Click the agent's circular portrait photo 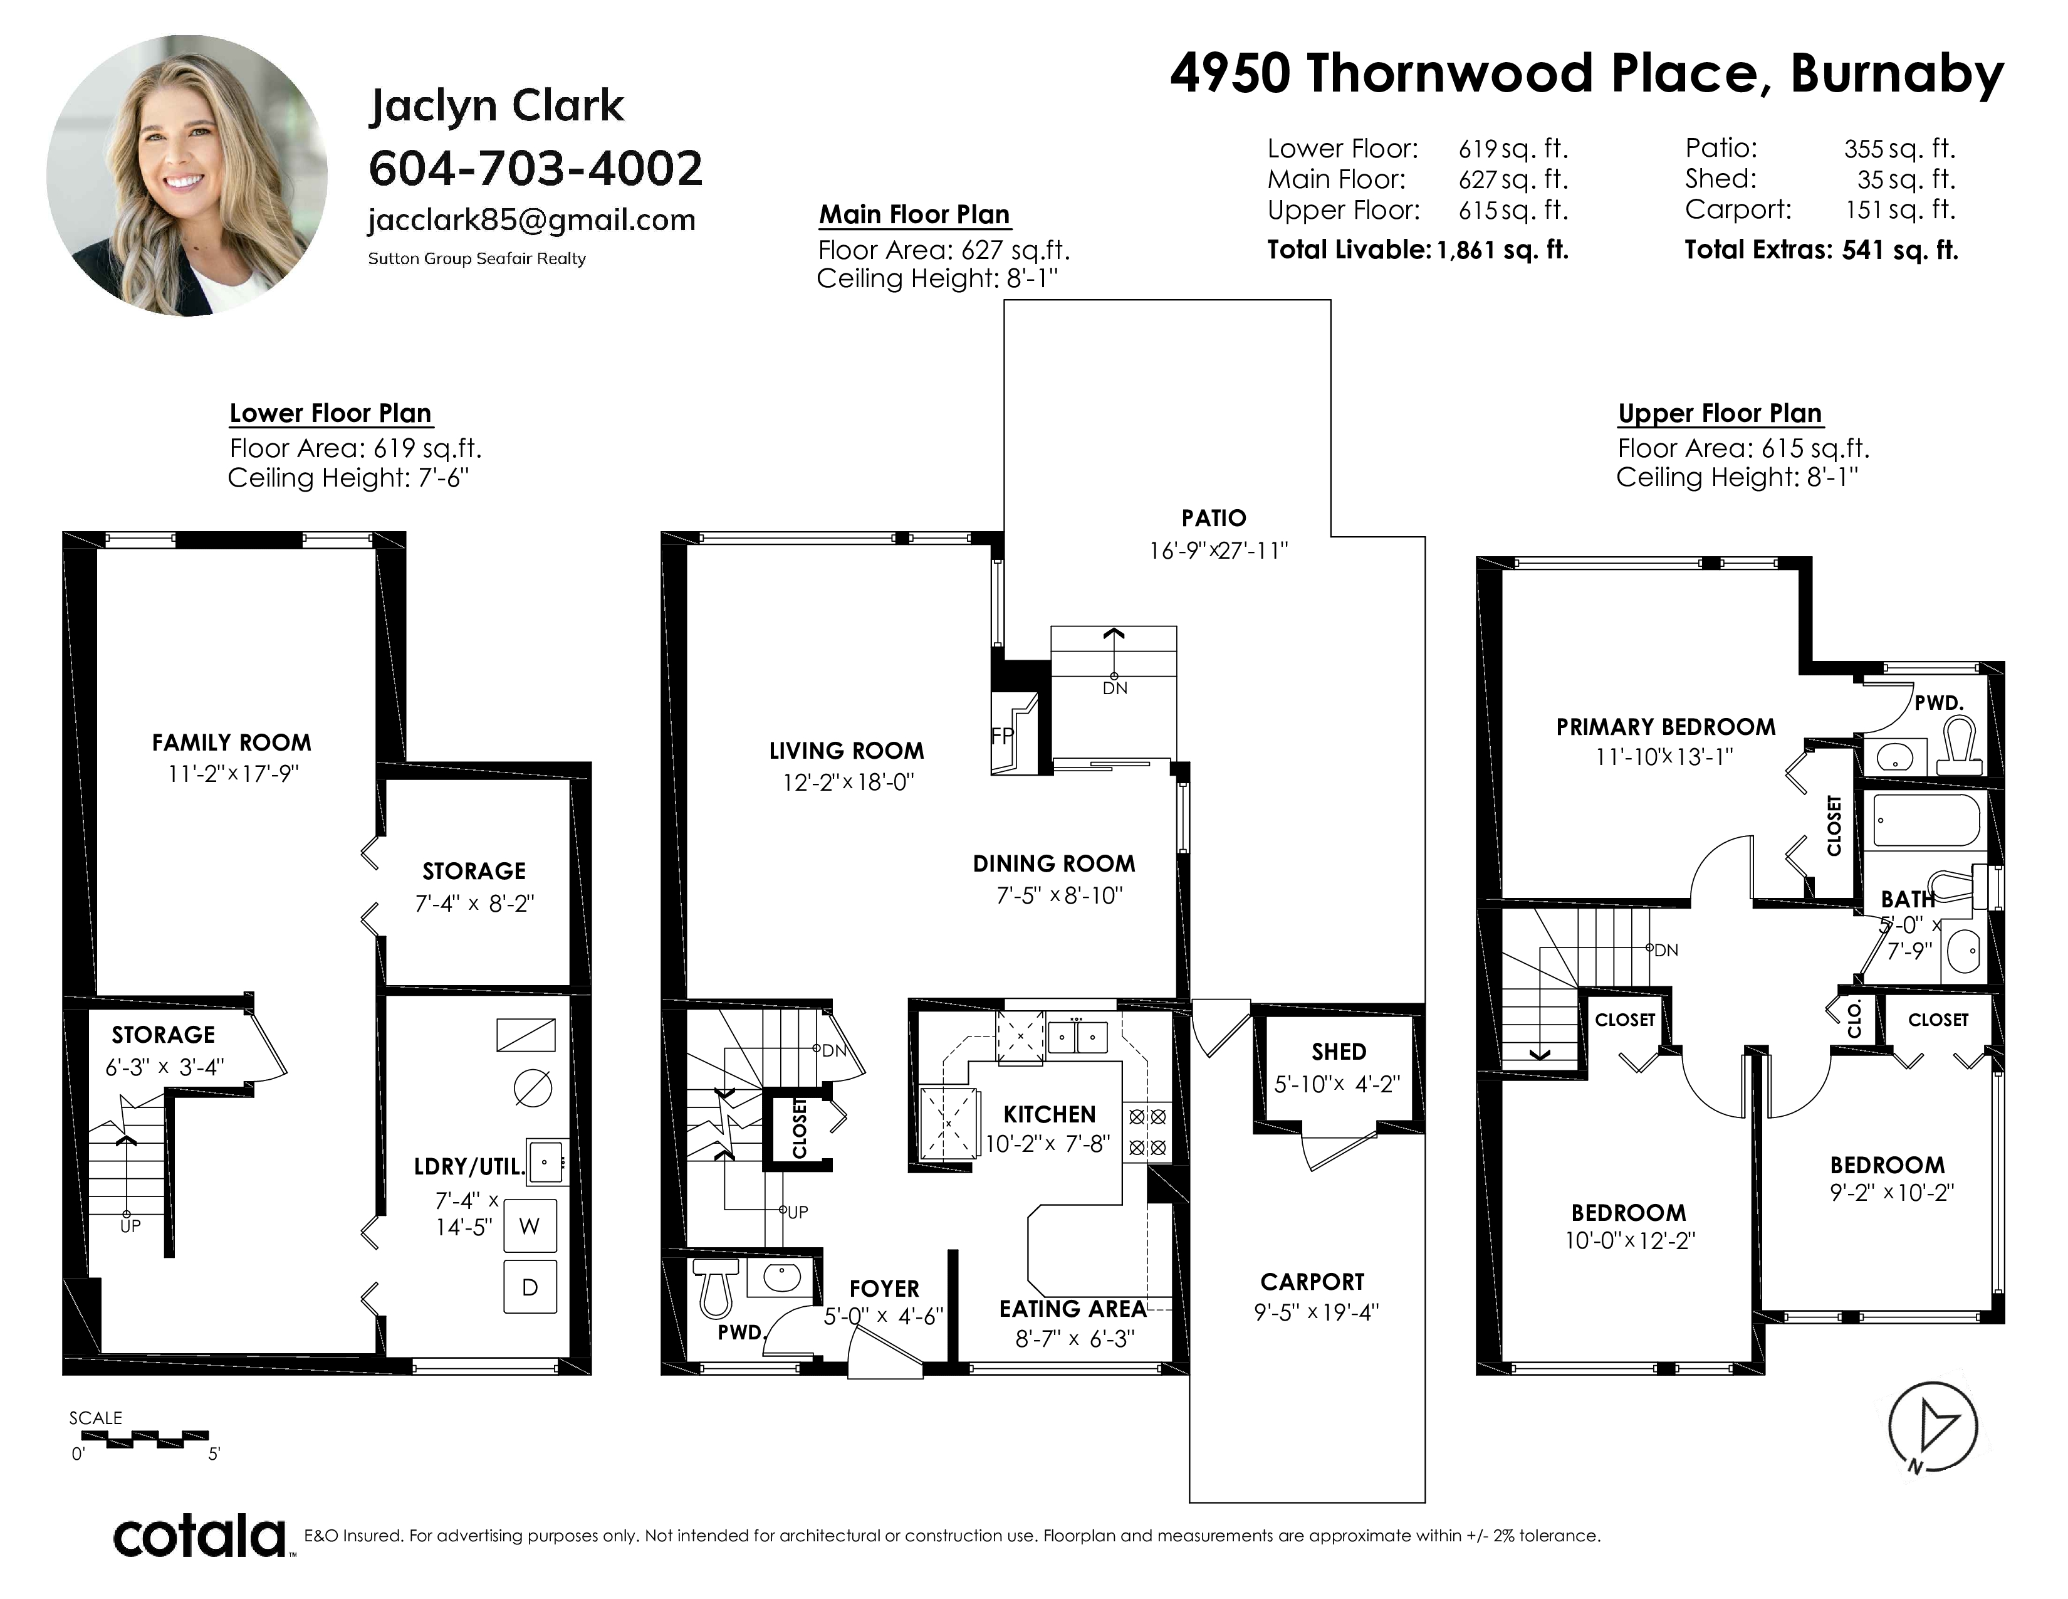coord(187,176)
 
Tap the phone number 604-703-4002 coord(535,169)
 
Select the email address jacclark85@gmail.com coord(531,219)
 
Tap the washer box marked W coord(530,1226)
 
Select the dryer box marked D coord(530,1286)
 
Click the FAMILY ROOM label coord(231,742)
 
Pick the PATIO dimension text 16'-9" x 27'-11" coord(1219,551)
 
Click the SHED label coord(1339,1052)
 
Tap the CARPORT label coord(1312,1282)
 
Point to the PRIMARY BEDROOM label coord(1666,727)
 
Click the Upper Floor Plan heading coord(1720,414)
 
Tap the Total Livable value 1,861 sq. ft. coord(1503,250)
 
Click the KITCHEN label coord(1049,1114)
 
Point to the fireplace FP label coord(1002,736)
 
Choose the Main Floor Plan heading coord(915,215)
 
